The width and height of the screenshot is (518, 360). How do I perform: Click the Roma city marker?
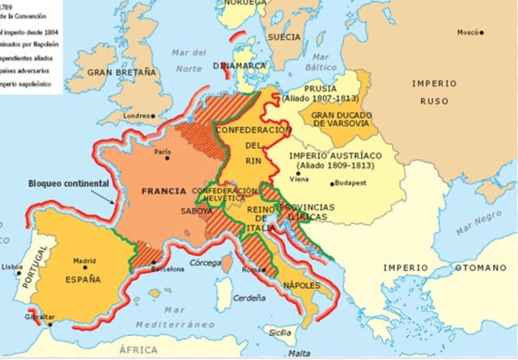pyautogui.click(x=262, y=269)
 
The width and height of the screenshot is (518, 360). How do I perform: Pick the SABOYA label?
pyautogui.click(x=197, y=210)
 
